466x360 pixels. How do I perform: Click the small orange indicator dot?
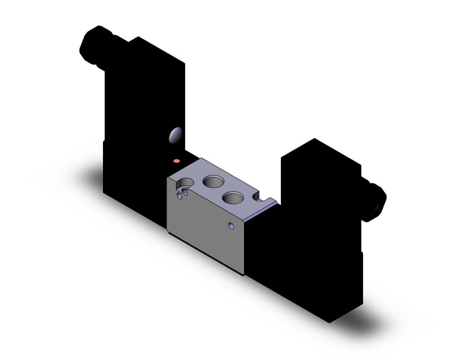coord(178,161)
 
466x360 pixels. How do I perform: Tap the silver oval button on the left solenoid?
coord(175,135)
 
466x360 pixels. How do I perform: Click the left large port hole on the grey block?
coord(214,181)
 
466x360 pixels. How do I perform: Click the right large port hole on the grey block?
coord(233,197)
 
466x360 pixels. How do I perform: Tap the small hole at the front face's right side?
coord(231,226)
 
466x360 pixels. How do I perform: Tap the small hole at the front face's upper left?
coord(179,196)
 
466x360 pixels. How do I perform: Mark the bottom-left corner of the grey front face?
coord(169,231)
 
